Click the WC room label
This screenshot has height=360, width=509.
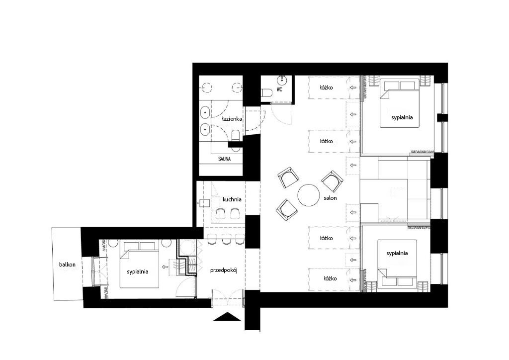[x=279, y=90]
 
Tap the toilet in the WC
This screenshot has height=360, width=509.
[x=266, y=93]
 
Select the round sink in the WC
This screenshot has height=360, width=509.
[x=282, y=80]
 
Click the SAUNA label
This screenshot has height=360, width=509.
[x=224, y=159]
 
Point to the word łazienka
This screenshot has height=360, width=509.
[x=232, y=119]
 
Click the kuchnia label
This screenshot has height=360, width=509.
[x=232, y=199]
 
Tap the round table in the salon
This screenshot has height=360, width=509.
[x=308, y=195]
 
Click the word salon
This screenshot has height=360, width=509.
[x=330, y=198]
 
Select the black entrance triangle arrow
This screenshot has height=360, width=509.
[x=227, y=317]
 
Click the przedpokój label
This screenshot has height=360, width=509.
[x=224, y=270]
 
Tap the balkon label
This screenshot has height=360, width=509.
[x=67, y=265]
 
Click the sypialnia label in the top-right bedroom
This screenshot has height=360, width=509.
[x=402, y=117]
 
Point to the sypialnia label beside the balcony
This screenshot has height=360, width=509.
[x=138, y=271]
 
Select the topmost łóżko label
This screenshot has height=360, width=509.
[x=326, y=88]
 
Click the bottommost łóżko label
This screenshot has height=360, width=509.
[x=330, y=278]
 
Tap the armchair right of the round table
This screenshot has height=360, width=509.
[x=332, y=181]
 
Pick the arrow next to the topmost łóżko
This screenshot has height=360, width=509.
[x=353, y=88]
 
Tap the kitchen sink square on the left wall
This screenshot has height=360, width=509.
[x=204, y=203]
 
